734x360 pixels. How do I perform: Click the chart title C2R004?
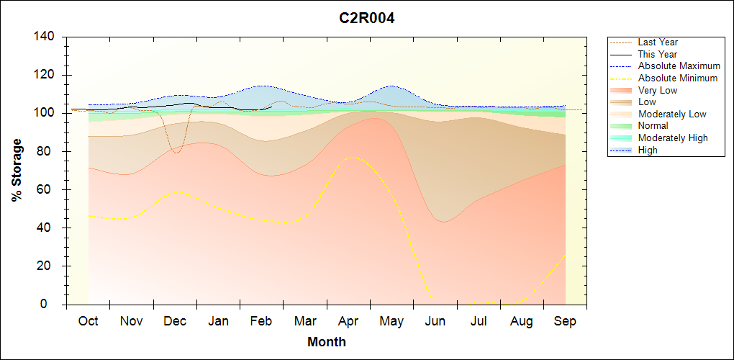[x=367, y=18]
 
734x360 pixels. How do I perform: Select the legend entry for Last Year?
[x=658, y=42]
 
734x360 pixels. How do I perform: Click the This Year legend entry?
[x=657, y=54]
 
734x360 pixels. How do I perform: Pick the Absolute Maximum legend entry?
[x=679, y=66]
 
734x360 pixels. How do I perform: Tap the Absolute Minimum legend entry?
[x=677, y=78]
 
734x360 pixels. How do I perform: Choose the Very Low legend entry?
[x=658, y=90]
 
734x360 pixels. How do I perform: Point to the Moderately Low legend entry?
[x=672, y=114]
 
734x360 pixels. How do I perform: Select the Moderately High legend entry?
[x=673, y=138]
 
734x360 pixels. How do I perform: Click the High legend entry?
[x=648, y=150]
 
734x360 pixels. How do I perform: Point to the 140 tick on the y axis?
[x=45, y=37]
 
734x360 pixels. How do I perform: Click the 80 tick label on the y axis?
[x=48, y=151]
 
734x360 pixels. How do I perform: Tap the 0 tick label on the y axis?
[x=52, y=305]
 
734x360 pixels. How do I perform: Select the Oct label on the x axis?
[x=88, y=321]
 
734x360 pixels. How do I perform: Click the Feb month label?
[x=261, y=321]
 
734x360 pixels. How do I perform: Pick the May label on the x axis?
[x=391, y=321]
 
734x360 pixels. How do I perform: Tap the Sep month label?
[x=565, y=321]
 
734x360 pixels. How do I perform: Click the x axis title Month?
[x=327, y=342]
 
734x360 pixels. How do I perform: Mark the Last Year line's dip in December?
[x=176, y=153]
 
